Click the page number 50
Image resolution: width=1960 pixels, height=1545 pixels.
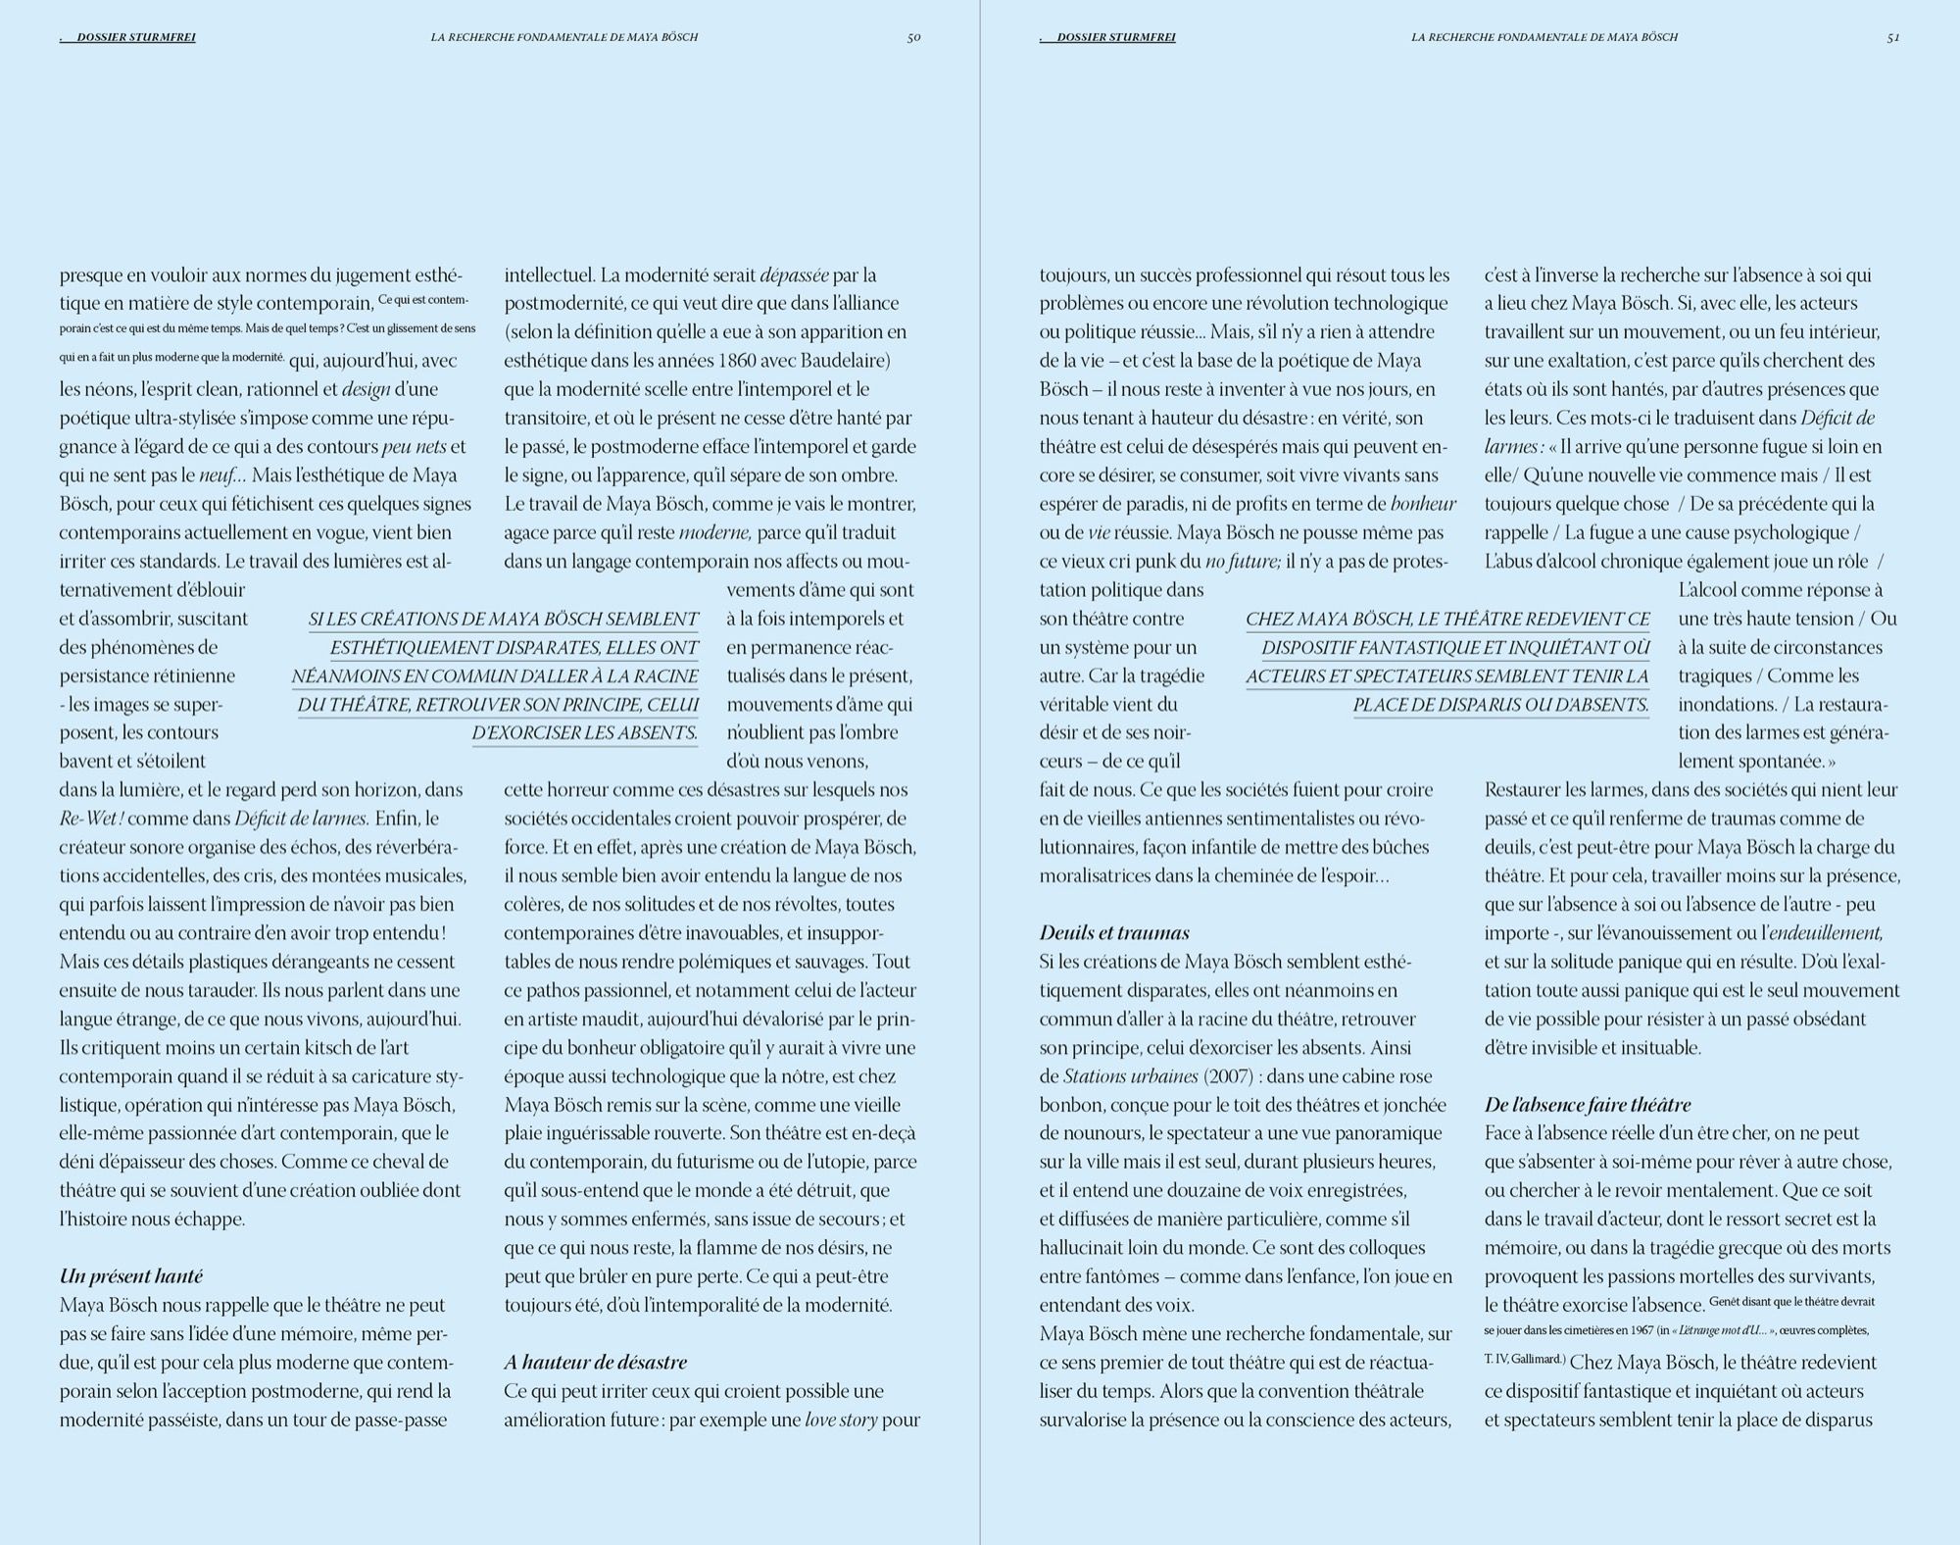[x=913, y=37]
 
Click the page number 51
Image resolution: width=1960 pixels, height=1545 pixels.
[x=1893, y=37]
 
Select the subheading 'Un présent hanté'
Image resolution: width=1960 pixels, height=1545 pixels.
[x=131, y=1276]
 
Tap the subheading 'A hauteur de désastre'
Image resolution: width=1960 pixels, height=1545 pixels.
[x=595, y=1362]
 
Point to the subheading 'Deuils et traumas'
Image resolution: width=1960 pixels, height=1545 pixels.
[x=1114, y=932]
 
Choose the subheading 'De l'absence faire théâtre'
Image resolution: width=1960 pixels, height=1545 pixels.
[x=1588, y=1105]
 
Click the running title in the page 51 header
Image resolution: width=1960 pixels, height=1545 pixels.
[x=1544, y=37]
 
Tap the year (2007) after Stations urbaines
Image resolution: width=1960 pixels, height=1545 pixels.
[x=1228, y=1076]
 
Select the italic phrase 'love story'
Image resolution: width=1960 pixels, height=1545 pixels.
[x=841, y=1420]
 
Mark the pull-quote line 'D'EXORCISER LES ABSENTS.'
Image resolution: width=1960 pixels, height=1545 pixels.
[x=585, y=732]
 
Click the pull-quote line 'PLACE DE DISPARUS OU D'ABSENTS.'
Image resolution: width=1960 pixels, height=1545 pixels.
[x=1500, y=704]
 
